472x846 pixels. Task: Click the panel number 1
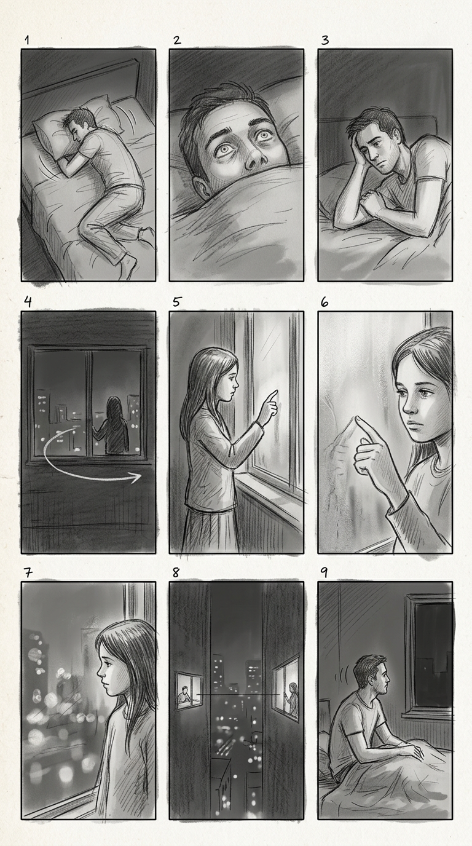27,40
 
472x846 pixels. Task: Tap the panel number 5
176,302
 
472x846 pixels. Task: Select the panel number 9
324,572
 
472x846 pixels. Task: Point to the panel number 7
28,572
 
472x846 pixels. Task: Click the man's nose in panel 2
253,160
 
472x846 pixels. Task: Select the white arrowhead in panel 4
136,477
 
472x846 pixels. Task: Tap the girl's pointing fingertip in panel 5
276,392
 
